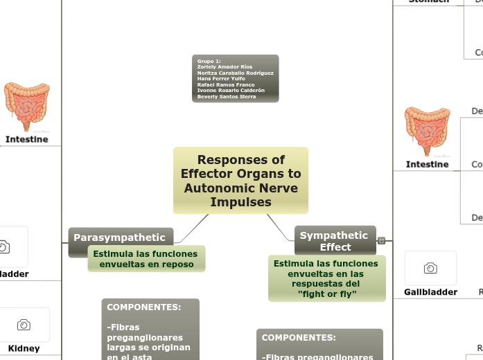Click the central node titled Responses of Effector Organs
click(240, 180)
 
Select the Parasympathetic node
click(119, 237)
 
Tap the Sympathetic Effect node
click(334, 241)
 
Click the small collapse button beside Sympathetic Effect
click(381, 241)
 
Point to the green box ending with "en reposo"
click(146, 259)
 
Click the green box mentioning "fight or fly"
click(326, 278)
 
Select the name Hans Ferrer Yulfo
click(221, 79)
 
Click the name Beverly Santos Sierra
click(227, 97)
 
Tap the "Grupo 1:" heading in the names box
click(209, 61)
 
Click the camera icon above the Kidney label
click(24, 325)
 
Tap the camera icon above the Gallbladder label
click(430, 268)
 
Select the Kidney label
click(24, 348)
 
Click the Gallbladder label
click(430, 292)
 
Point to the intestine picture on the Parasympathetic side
click(26, 106)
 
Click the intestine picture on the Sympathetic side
click(427, 131)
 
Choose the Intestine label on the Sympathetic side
click(427, 164)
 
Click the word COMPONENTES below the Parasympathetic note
click(144, 307)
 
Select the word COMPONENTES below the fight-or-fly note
click(299, 338)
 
